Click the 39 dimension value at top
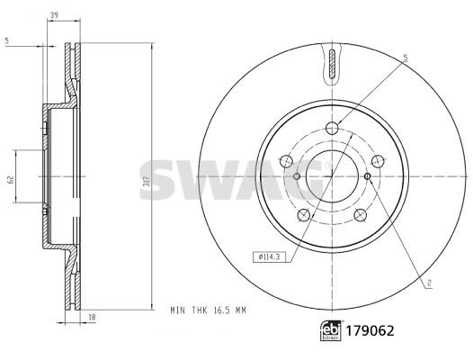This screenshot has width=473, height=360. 54,15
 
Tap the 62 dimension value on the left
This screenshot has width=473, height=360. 11,180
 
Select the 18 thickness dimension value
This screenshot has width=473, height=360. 93,318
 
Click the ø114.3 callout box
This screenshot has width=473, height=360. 270,257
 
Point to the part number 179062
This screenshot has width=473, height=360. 370,330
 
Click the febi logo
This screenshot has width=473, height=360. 331,330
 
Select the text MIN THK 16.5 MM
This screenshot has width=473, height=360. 208,310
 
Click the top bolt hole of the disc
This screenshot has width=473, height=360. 332,128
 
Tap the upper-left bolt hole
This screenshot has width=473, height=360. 286,161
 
